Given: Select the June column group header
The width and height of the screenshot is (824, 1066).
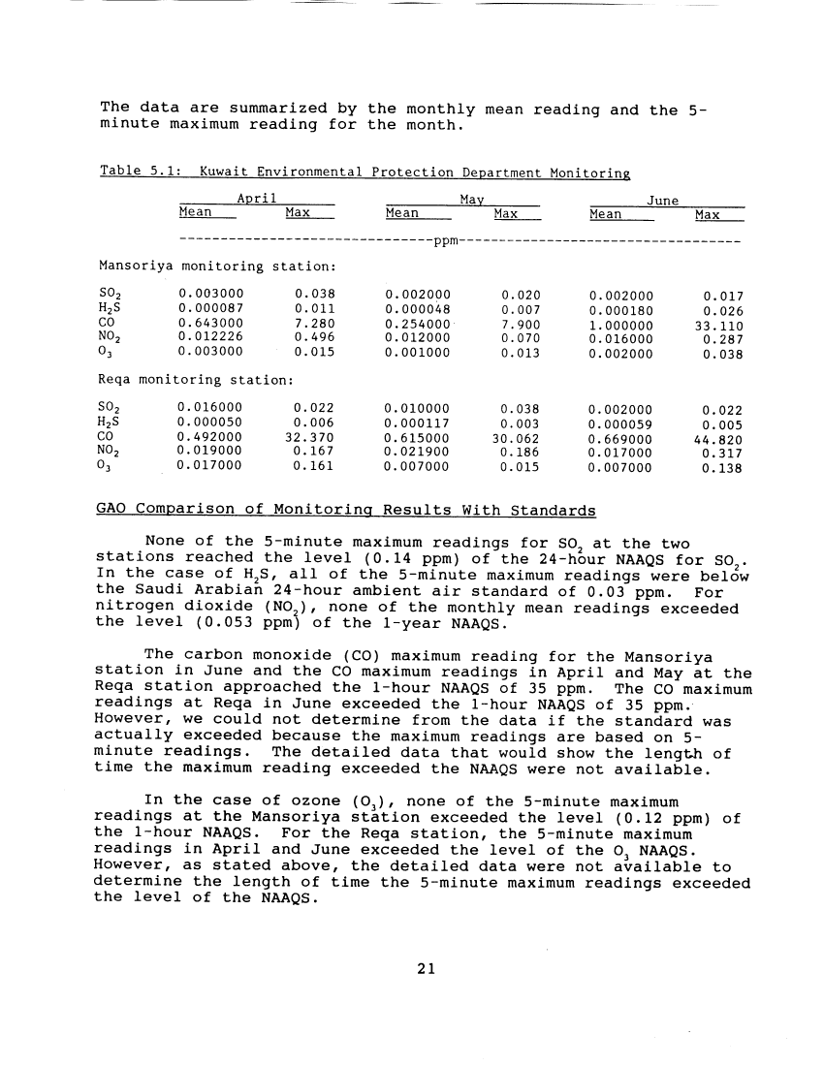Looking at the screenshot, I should point(664,199).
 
